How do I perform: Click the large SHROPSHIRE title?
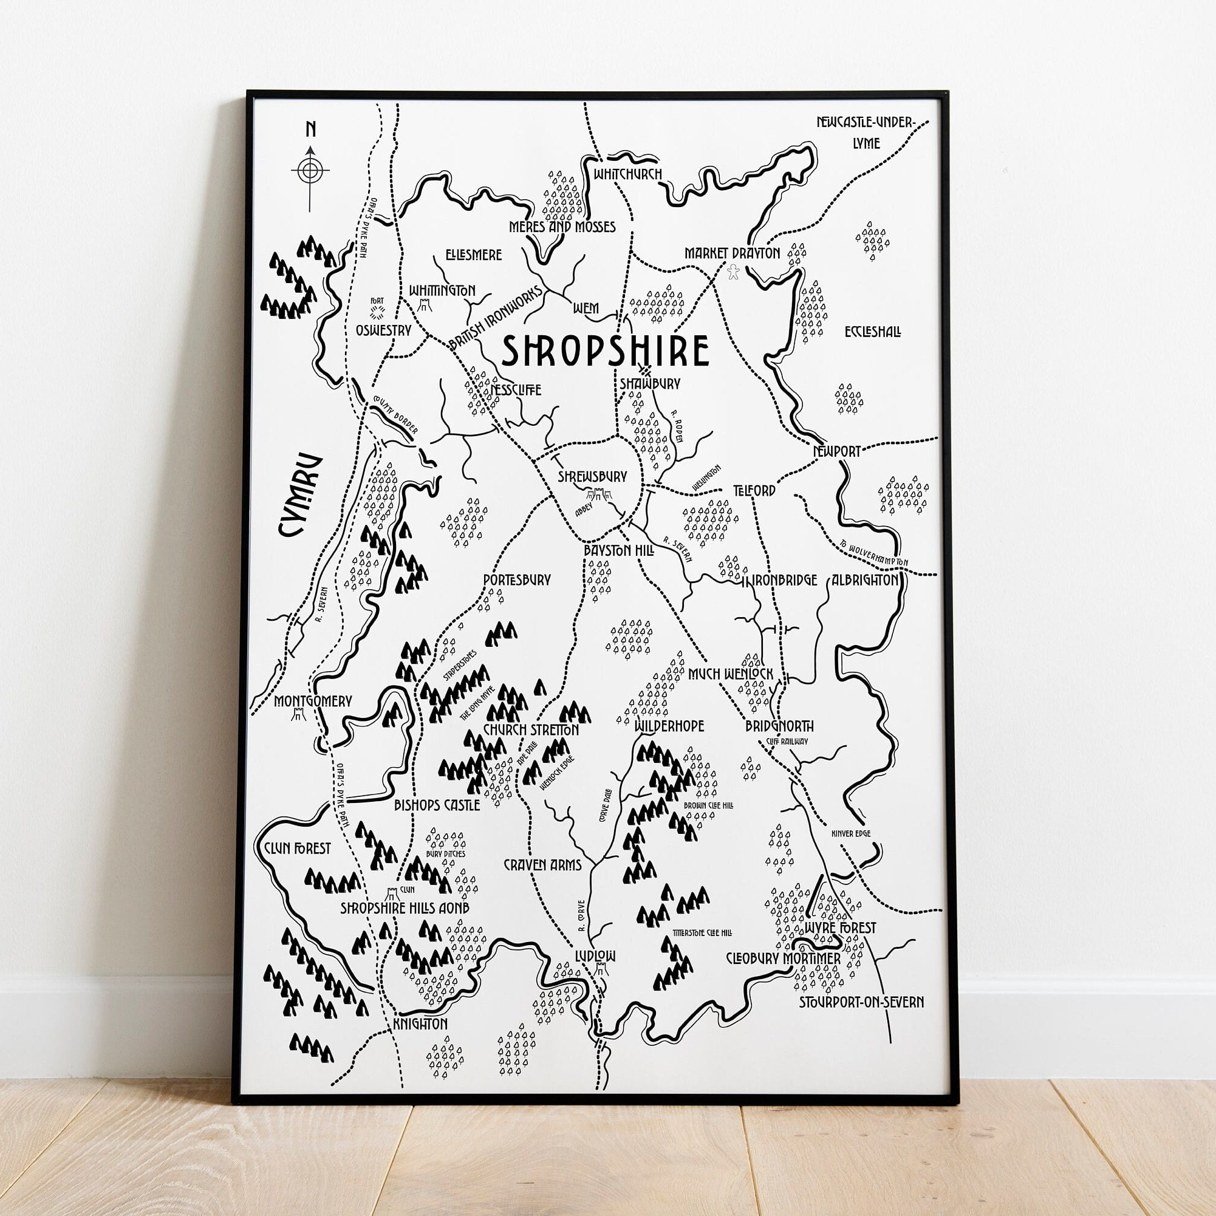click(x=606, y=351)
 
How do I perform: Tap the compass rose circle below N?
click(x=310, y=170)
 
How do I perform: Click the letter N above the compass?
click(x=310, y=129)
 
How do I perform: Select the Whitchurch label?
click(x=627, y=174)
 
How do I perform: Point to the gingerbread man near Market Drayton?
click(x=733, y=272)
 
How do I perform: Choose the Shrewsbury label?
click(x=593, y=476)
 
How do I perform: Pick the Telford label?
click(x=754, y=490)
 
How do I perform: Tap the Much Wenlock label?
click(x=730, y=674)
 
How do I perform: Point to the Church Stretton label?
click(x=531, y=729)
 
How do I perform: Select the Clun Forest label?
click(x=298, y=849)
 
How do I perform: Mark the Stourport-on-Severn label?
click(x=861, y=1002)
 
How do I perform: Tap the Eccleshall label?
click(x=872, y=331)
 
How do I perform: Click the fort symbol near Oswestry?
click(x=377, y=313)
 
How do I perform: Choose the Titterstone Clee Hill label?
click(x=702, y=933)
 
